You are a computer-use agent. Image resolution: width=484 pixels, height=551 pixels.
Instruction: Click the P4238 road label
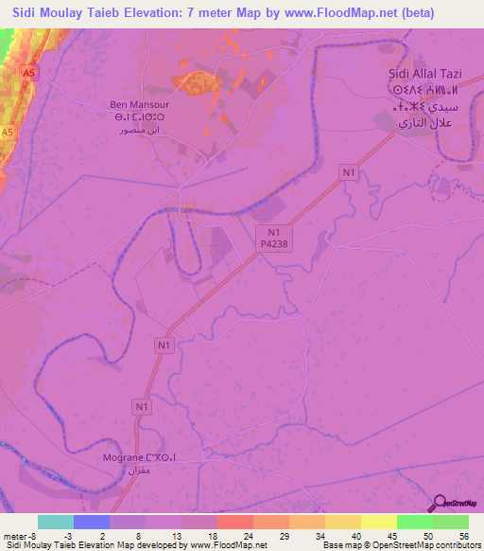pos(274,243)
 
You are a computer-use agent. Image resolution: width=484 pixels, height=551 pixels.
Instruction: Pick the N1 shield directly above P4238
pos(274,230)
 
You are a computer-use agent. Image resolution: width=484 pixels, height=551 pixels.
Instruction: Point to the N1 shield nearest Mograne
pos(142,407)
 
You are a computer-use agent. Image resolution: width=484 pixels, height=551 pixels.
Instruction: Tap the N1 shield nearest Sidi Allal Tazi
pos(350,171)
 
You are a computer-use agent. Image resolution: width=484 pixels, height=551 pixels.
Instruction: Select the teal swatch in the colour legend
pos(56,522)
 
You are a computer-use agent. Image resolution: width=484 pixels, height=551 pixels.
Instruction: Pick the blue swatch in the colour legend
pos(92,522)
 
